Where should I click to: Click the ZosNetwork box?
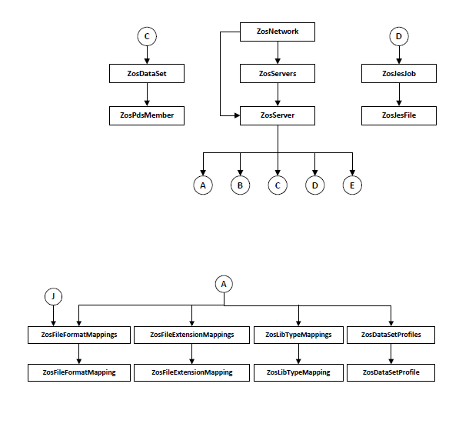[x=278, y=32]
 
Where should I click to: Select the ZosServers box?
[x=278, y=74]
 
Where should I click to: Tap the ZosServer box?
[x=278, y=115]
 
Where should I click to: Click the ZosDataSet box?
[x=147, y=74]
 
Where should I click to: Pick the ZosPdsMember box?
[x=147, y=115]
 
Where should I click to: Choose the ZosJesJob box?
[x=399, y=74]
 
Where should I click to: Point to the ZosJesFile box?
[x=399, y=115]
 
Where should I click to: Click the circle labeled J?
[x=53, y=296]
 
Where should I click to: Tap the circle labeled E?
[x=352, y=185]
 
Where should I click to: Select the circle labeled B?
[x=241, y=185]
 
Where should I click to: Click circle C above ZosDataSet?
[x=147, y=36]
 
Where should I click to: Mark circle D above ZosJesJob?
[x=399, y=36]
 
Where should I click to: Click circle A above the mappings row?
[x=224, y=284]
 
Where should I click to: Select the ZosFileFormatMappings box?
[x=79, y=335]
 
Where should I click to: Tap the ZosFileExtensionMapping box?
[x=191, y=372]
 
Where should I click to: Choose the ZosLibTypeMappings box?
[x=298, y=335]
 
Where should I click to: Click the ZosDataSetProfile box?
[x=391, y=372]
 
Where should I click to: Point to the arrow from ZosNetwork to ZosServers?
[x=278, y=53]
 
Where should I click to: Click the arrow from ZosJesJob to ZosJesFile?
[x=399, y=95]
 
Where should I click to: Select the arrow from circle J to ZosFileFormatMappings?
[x=53, y=315]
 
